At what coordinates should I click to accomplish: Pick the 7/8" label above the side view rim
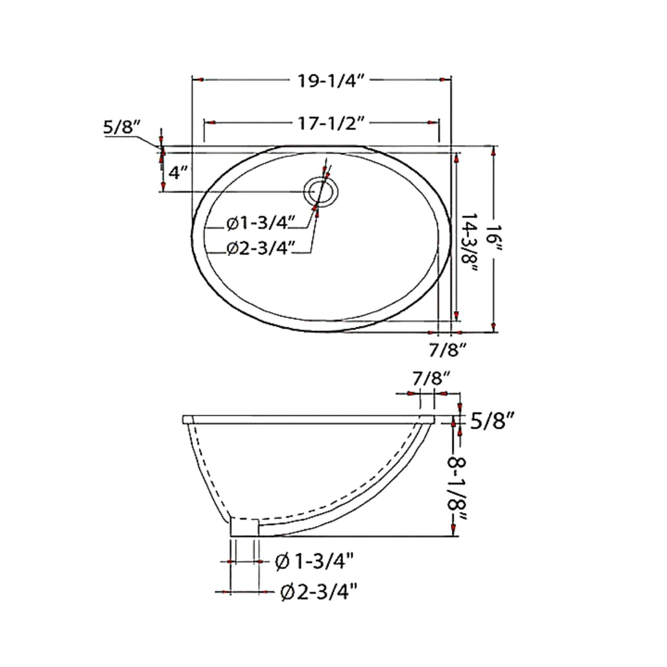(x=432, y=379)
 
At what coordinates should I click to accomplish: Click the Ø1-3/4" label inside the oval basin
(x=261, y=224)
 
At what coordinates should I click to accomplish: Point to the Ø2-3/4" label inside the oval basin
(x=261, y=250)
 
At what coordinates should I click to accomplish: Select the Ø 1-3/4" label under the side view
(x=314, y=562)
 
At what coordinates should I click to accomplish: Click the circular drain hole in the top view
(x=323, y=192)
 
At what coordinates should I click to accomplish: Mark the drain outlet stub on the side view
(x=244, y=527)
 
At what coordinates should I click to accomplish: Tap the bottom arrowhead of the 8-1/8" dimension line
(x=453, y=530)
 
